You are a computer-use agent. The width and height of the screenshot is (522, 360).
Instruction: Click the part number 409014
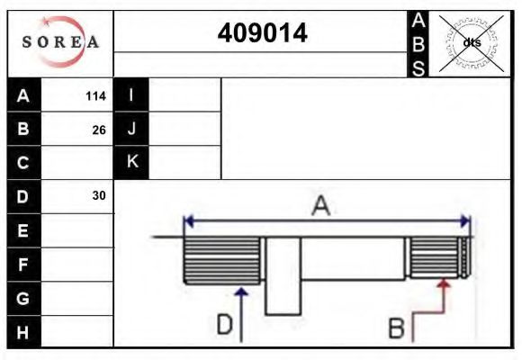pos(263,34)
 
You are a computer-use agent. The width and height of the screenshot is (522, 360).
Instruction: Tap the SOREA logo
pos(60,42)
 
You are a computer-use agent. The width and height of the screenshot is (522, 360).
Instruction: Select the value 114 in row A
pos(94,96)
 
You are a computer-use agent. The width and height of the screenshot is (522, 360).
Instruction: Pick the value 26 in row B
pos(98,130)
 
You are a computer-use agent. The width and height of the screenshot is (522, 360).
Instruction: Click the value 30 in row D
pos(98,195)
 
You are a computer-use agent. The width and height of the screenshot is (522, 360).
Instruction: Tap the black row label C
pos(23,163)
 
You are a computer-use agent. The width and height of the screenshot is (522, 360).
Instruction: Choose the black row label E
pos(23,230)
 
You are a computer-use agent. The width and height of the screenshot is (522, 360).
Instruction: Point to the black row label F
pos(23,265)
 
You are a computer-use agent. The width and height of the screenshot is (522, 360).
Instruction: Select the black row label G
pos(23,298)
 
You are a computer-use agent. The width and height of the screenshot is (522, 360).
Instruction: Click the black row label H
pos(23,332)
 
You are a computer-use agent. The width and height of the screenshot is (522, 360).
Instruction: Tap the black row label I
pos(131,95)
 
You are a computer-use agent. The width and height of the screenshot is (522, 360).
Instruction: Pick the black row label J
pos(131,129)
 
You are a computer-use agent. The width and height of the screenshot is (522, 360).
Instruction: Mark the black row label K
pos(131,162)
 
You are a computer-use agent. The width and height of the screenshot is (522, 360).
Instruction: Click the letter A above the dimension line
pos(320,206)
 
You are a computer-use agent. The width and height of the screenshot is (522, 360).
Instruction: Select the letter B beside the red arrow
pos(396,328)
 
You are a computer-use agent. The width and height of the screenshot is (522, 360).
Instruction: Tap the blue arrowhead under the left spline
pos(240,290)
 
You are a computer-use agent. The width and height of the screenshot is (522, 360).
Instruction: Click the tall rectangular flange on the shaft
pos(283,275)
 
